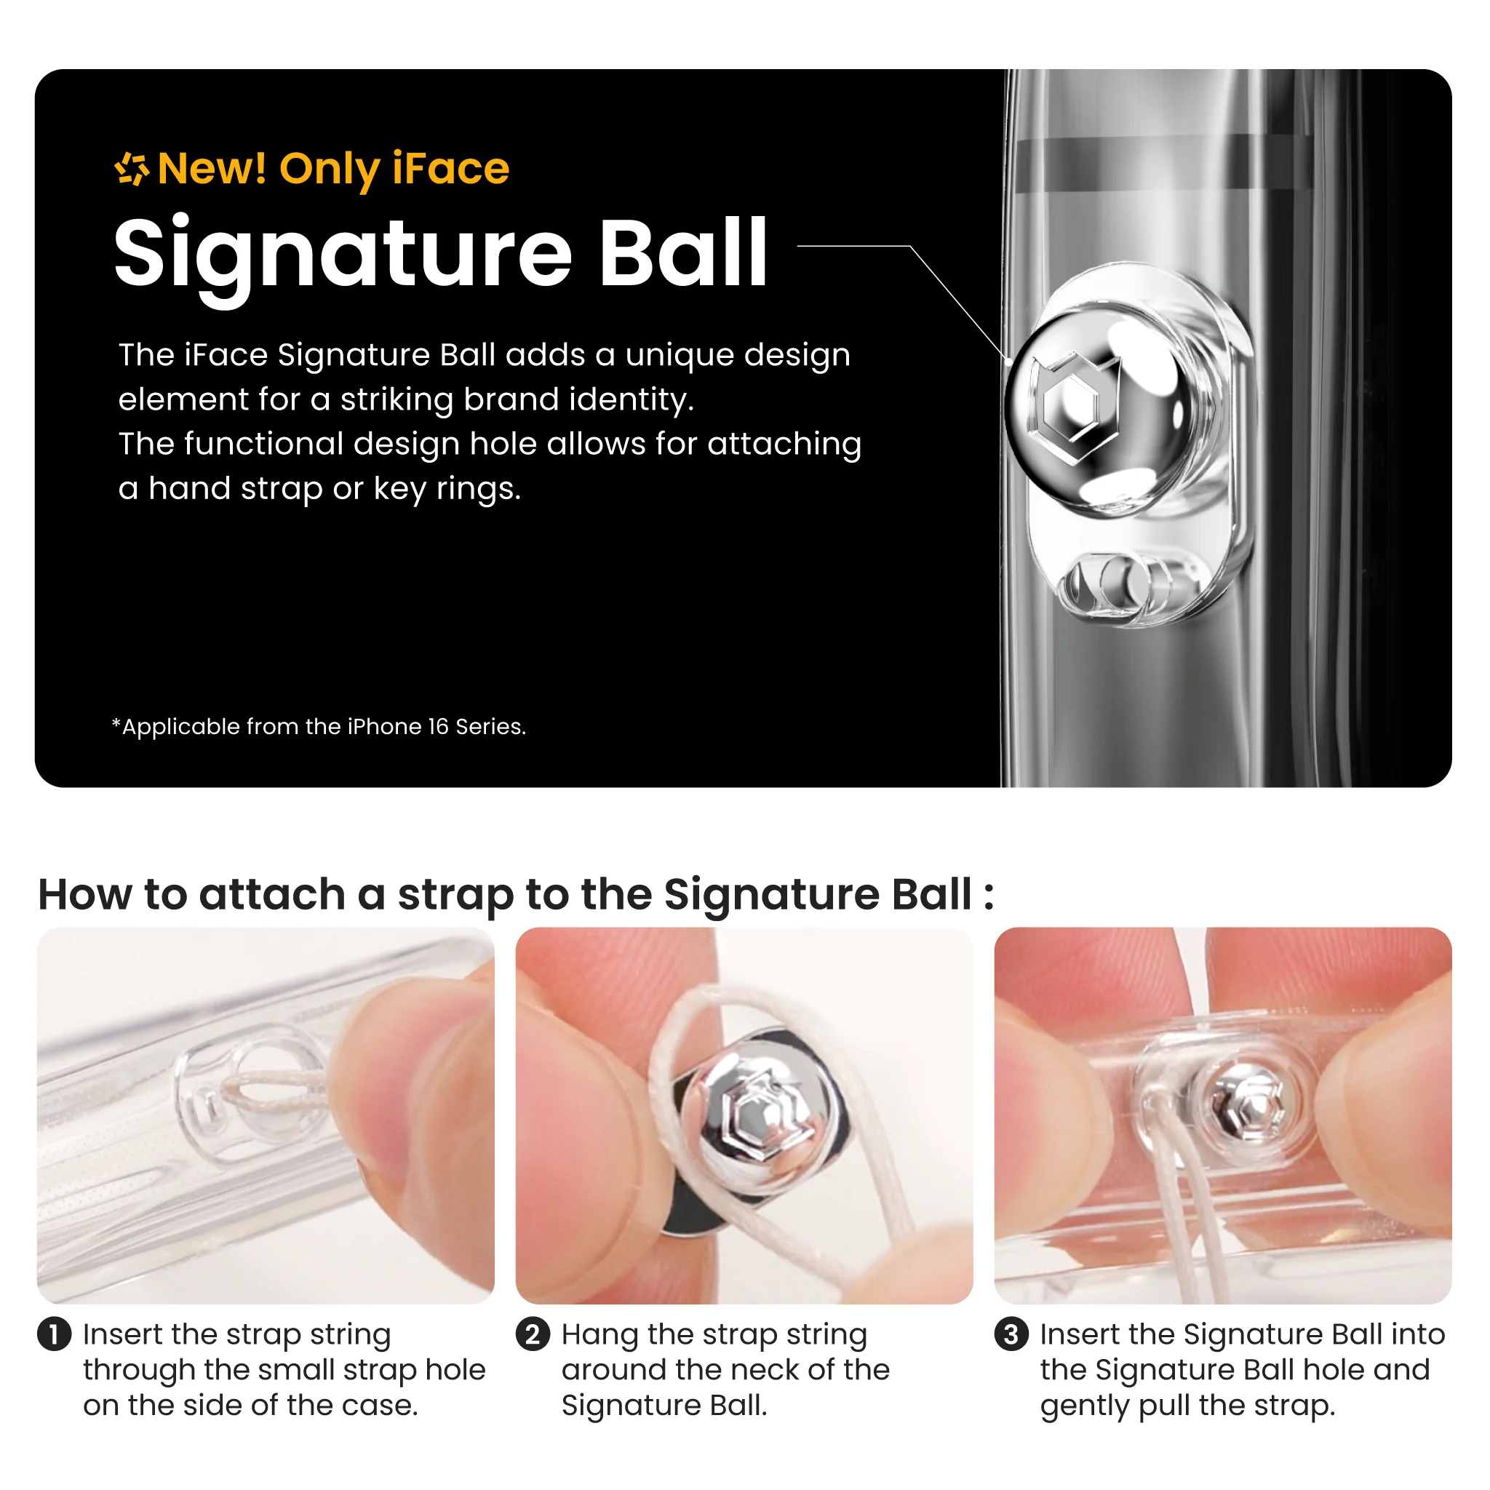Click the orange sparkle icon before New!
[131, 169]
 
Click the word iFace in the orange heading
[450, 169]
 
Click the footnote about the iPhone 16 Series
[319, 727]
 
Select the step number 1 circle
[54, 1334]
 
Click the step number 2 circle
[533, 1334]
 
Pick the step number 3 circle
[1011, 1334]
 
